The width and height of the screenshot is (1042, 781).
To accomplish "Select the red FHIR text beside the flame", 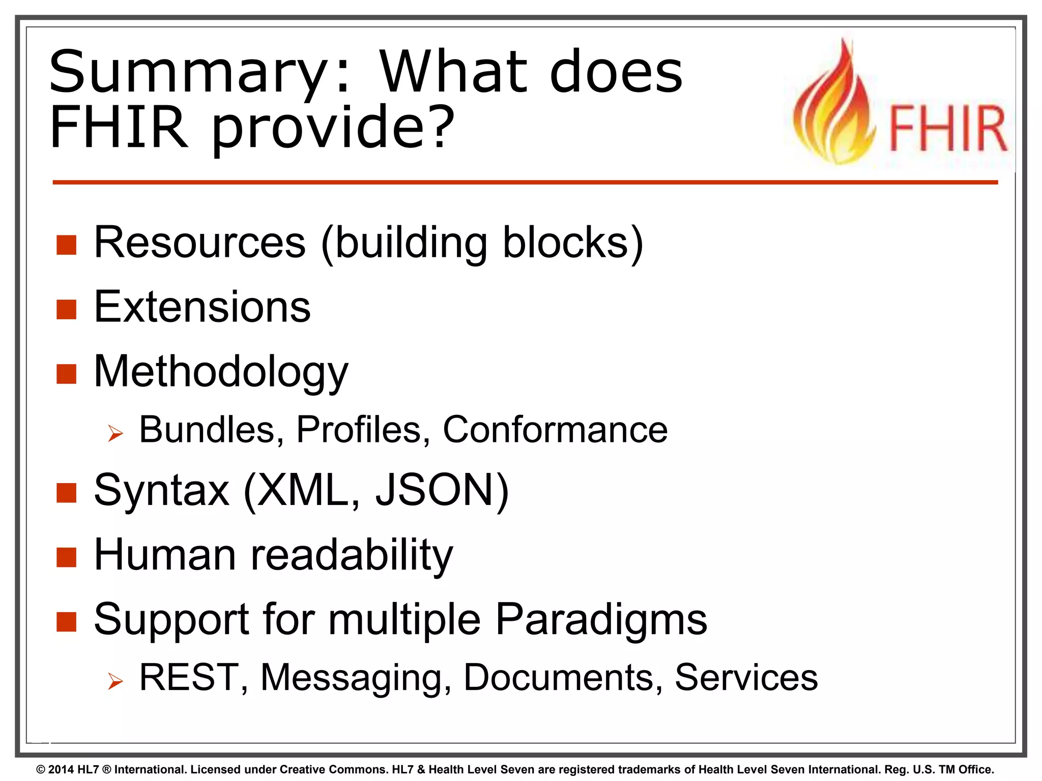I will (947, 128).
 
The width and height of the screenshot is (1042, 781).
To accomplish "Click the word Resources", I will (200, 243).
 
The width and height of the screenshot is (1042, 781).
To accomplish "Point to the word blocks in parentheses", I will (566, 243).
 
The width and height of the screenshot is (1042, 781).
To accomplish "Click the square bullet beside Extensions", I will (66, 309).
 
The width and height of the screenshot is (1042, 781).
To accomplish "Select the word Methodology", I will (221, 372).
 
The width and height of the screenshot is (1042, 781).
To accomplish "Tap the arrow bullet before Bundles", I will (115, 433).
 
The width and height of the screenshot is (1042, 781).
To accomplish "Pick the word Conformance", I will (555, 430).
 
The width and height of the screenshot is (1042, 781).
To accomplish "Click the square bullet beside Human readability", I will (66, 557).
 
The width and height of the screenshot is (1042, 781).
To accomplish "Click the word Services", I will (746, 677).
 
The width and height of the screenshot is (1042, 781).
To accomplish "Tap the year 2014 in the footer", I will (61, 769).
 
